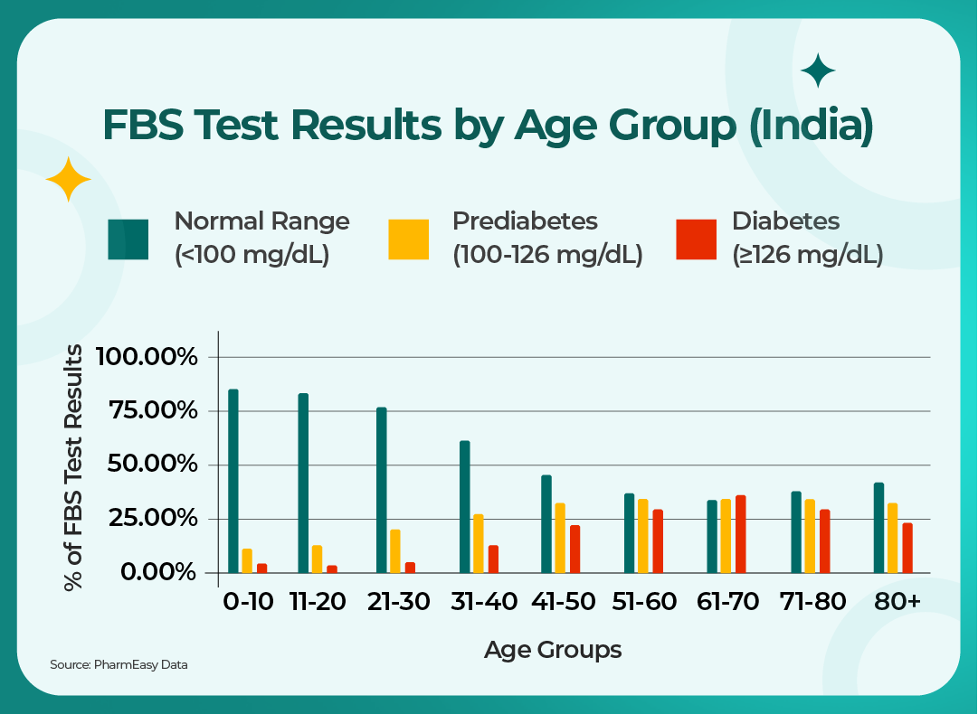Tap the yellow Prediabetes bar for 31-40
479,543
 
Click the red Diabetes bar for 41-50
574,549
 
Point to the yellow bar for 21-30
394,550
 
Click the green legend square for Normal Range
128,239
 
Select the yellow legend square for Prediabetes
408,239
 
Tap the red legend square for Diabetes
696,239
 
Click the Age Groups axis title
552,649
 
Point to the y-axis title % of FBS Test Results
75,467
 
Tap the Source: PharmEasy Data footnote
119,665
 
